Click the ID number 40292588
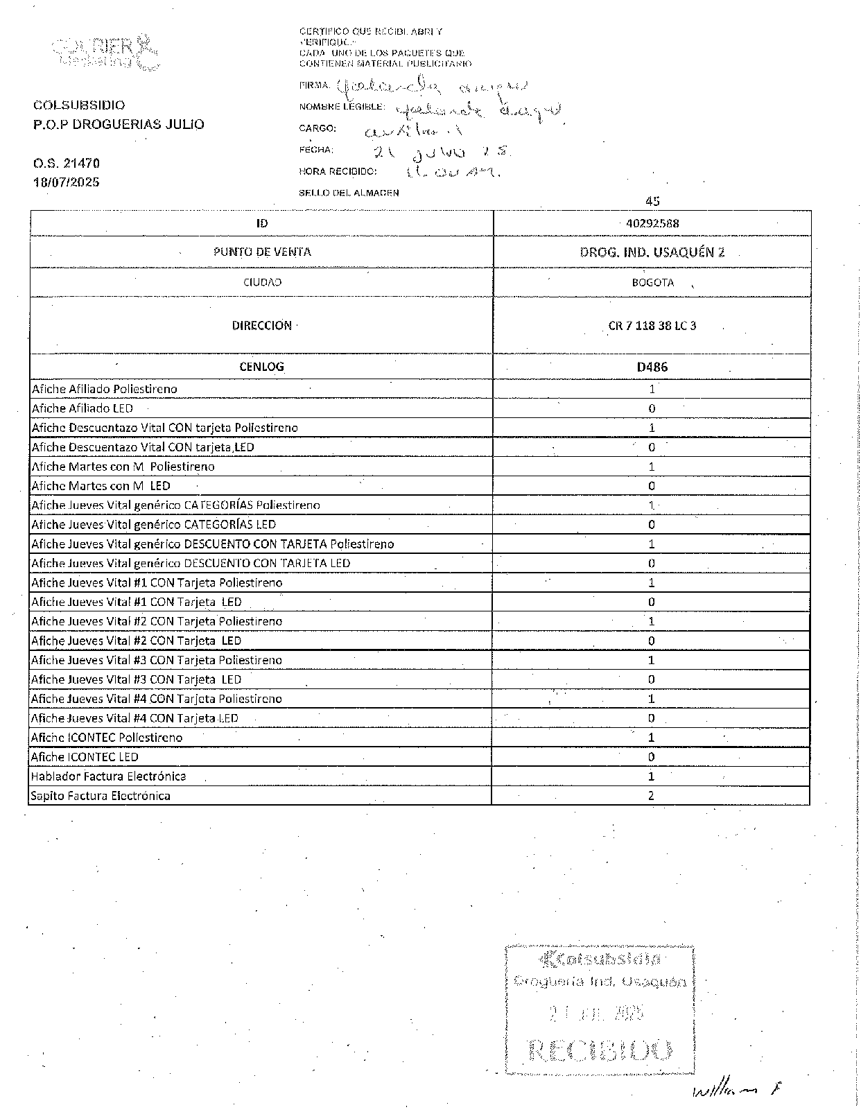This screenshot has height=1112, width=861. tap(652, 223)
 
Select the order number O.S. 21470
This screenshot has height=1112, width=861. tap(67, 164)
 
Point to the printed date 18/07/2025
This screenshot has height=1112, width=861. tap(67, 182)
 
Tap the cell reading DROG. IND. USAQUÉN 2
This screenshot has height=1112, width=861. tap(652, 252)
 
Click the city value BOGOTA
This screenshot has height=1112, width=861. tap(652, 282)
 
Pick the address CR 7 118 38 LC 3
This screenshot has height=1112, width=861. tap(652, 326)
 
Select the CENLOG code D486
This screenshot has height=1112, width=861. tap(652, 367)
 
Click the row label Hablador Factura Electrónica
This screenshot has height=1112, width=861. tap(108, 776)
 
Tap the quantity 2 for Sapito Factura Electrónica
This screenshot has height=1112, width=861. tap(651, 796)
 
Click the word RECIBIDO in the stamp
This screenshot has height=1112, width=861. tap(600, 1050)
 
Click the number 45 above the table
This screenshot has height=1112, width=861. tap(652, 201)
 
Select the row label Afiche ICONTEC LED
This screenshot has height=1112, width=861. tap(85, 757)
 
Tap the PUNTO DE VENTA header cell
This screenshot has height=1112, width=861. tap(262, 252)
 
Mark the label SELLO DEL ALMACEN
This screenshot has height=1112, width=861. tap(349, 193)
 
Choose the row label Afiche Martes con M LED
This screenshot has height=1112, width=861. tap(101, 486)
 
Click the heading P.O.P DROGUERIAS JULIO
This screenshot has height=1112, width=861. tap(119, 125)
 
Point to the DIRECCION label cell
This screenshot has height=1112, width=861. tap(262, 326)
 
